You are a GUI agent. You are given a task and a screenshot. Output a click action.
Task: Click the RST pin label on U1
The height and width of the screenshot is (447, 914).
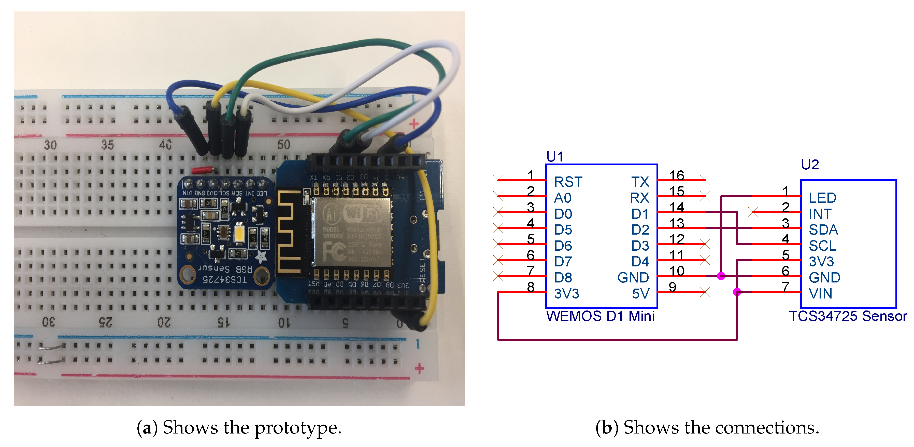568,182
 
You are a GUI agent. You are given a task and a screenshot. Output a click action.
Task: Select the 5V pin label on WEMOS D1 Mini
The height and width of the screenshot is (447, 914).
640,294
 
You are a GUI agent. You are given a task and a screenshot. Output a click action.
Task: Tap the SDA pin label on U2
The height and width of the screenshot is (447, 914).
823,230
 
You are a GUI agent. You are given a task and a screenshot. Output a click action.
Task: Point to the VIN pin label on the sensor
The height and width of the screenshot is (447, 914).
820,294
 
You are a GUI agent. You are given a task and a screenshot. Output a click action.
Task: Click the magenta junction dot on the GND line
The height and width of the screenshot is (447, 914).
721,276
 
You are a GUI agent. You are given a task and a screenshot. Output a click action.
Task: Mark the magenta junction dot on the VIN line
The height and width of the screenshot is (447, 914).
737,292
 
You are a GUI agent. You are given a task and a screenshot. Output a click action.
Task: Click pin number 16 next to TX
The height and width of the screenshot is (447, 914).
676,175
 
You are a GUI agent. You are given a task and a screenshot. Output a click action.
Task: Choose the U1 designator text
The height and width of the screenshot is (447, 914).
554,157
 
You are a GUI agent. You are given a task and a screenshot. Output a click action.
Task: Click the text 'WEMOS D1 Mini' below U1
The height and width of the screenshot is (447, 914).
600,316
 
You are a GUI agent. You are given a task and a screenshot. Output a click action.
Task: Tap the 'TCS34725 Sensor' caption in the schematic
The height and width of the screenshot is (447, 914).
848,316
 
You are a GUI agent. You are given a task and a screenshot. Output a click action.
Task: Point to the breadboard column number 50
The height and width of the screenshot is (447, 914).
283,145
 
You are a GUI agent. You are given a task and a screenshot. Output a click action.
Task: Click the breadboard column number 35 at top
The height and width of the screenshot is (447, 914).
108,145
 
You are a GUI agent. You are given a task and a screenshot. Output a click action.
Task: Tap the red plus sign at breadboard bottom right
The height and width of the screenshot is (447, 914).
419,368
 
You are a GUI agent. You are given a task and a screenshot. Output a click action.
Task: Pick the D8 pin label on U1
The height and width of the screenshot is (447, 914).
563,278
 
